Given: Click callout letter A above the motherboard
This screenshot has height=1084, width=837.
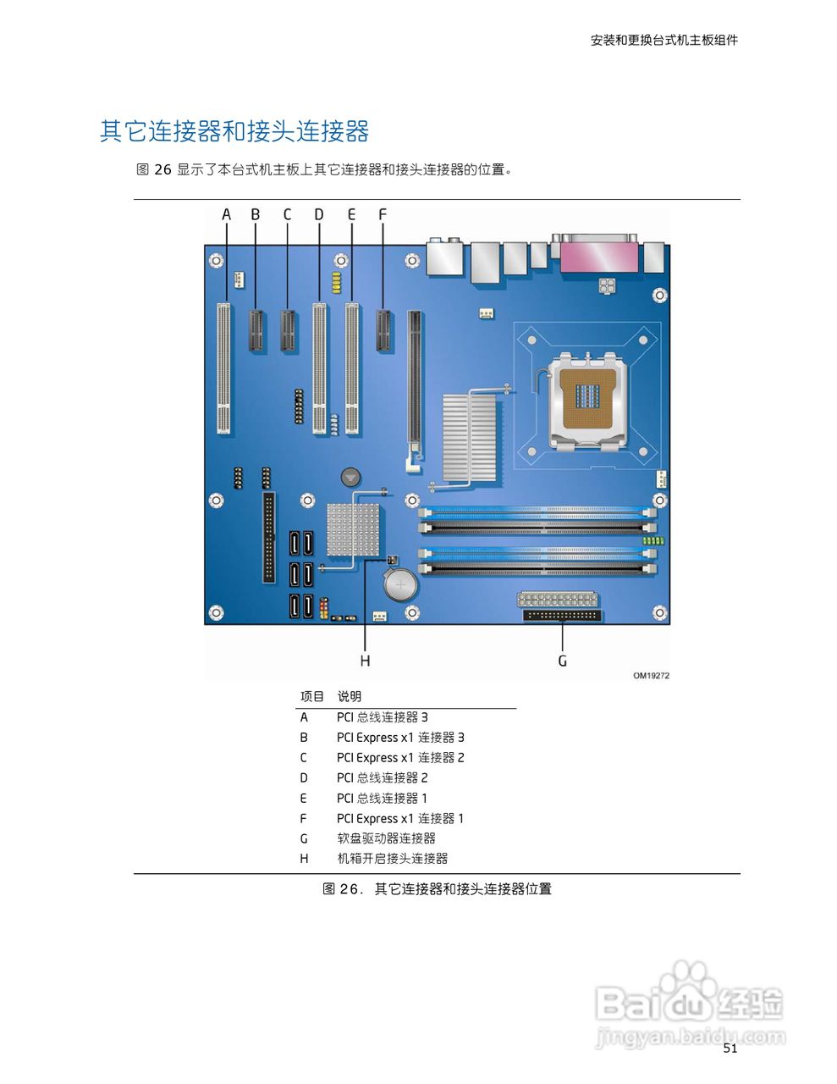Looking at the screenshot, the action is pos(226,215).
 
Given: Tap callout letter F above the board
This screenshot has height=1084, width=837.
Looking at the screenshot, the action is pos(382,215).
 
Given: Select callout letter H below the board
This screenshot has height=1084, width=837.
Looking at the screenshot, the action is pos(365,661).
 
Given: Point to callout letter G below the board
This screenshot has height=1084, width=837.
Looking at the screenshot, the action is pos(563,661).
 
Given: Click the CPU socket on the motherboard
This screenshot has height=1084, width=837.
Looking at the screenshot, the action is pos(588,399).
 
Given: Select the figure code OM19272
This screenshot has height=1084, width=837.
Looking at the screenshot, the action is pos(651,676).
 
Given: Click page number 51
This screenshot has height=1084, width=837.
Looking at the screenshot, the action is pos(730,1048).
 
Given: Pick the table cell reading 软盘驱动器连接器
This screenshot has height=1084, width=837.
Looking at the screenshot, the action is pos(386,838).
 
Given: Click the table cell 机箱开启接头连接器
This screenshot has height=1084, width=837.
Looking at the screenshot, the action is pos(392,859).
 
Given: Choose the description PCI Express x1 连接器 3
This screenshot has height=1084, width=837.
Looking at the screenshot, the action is pos(400,738).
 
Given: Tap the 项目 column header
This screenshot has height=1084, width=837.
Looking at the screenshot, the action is pos(311,697).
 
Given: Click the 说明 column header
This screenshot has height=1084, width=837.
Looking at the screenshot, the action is pos(350,697).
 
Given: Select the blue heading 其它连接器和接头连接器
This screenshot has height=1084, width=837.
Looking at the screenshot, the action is pos(234,132).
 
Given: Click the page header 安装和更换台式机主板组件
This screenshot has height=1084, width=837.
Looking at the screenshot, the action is pos(664,40).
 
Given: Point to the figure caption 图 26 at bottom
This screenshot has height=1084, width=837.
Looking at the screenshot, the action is pos(437,889).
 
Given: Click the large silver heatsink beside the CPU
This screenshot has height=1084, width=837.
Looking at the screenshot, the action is pos(469,438).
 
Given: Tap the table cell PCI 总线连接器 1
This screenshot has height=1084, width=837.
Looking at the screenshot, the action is pos(382,799).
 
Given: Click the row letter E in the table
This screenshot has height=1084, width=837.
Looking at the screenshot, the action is pos(304,799).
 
